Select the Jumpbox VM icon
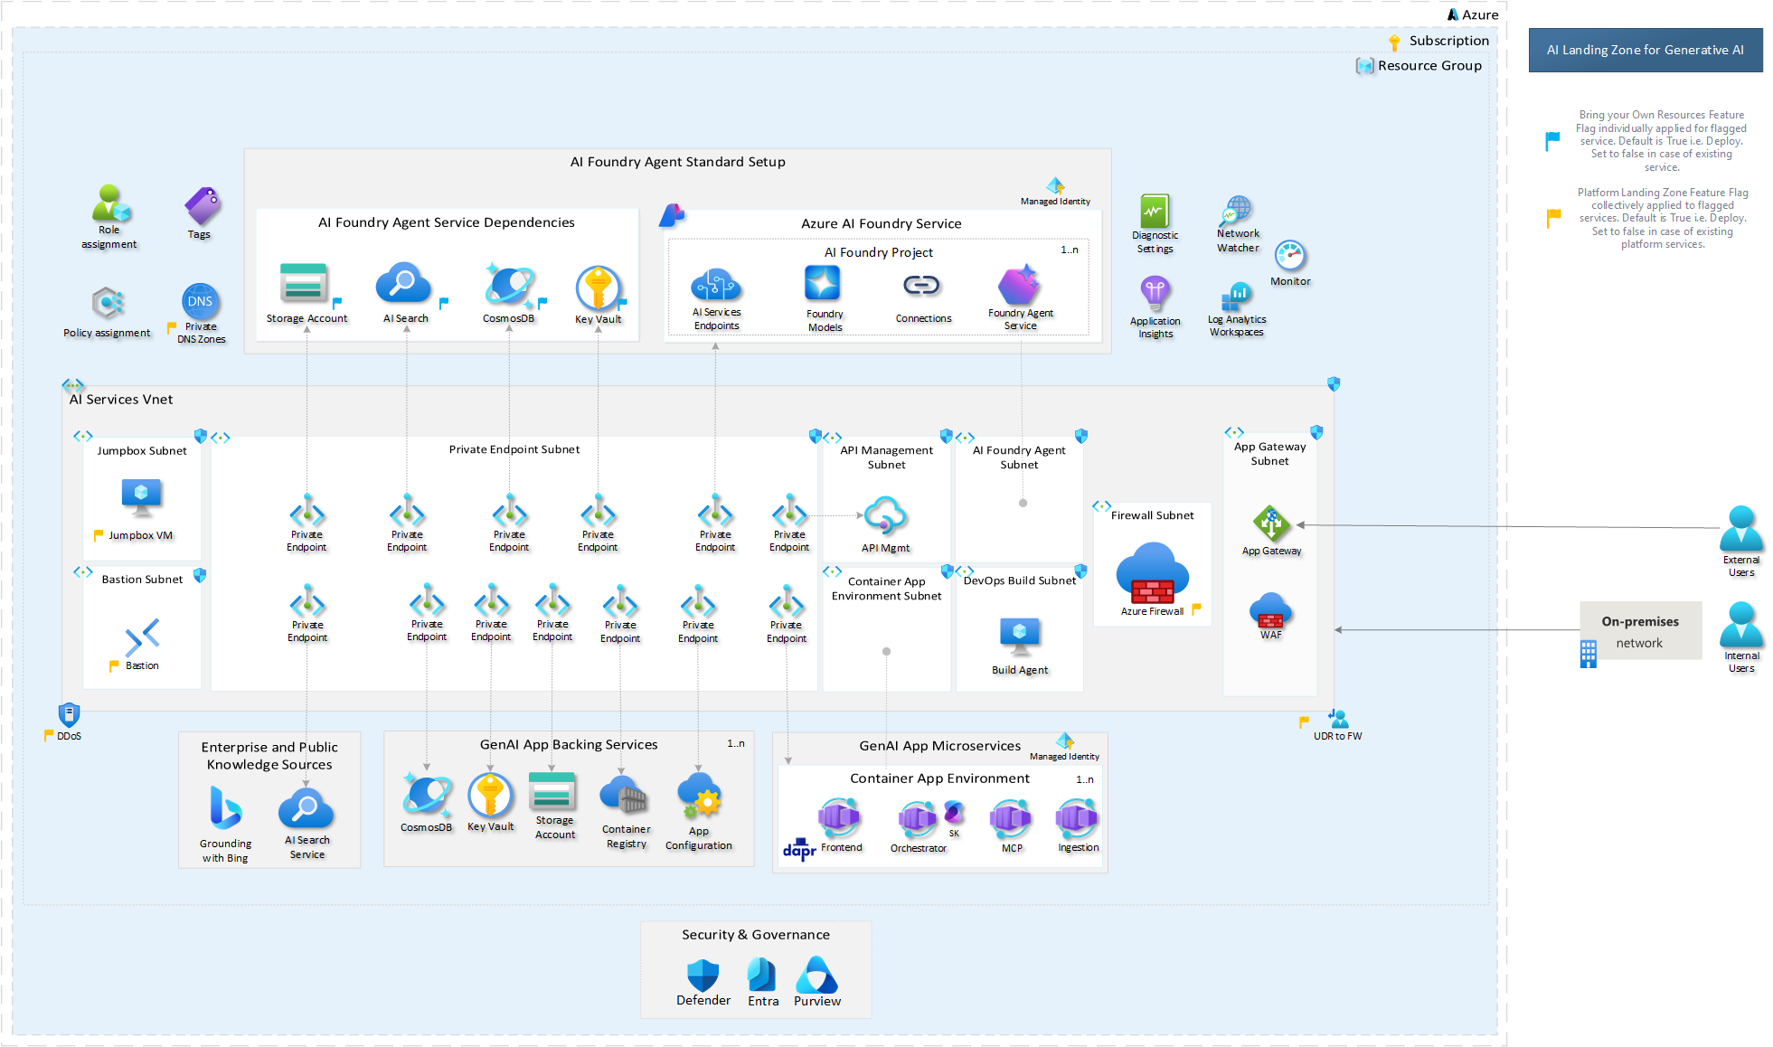pos(141,496)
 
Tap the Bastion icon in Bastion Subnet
pos(142,637)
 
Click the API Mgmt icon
pos(885,516)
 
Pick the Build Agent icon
pos(1020,636)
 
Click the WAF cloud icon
pos(1270,610)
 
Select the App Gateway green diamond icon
pos(1270,523)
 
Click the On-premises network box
pos(1640,631)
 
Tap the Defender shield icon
pos(703,976)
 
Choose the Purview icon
pos(816,976)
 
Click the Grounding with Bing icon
pos(224,808)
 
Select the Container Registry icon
pos(624,797)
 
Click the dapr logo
pos(799,849)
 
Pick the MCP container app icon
pos(1011,818)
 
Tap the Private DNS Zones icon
pos(200,302)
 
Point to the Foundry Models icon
pos(823,284)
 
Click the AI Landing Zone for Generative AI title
pos(1645,51)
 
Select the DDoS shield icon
pos(69,715)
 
